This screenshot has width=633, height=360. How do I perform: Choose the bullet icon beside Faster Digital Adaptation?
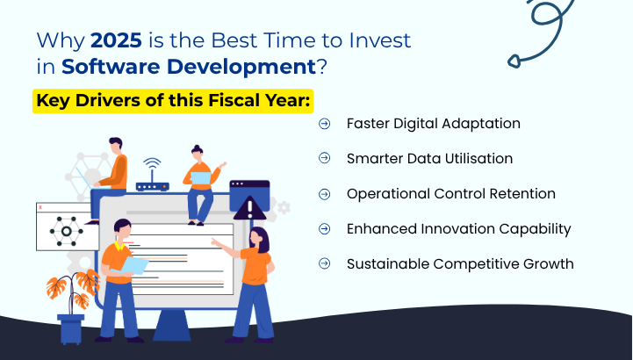pyautogui.click(x=325, y=124)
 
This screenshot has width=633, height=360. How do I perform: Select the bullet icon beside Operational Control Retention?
pyautogui.click(x=325, y=194)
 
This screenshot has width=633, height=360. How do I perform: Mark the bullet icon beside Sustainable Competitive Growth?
pyautogui.click(x=325, y=263)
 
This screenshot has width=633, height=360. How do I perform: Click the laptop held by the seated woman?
pyautogui.click(x=201, y=178)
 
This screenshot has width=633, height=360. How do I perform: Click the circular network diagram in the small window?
pyautogui.click(x=64, y=232)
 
